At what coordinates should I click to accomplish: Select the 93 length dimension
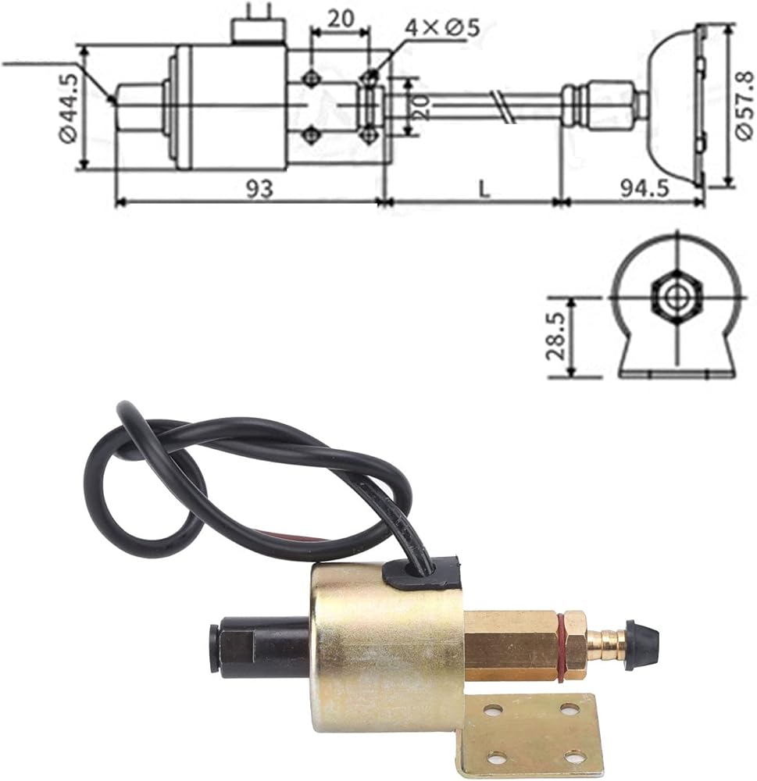259,189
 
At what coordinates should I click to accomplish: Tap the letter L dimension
484,189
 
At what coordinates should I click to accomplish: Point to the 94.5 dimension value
645,189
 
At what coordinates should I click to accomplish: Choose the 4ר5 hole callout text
441,28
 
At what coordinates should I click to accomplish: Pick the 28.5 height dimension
556,336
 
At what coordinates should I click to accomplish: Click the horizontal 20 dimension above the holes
341,19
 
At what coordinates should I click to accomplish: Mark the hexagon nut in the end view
677,298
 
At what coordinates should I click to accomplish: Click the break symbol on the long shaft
502,107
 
